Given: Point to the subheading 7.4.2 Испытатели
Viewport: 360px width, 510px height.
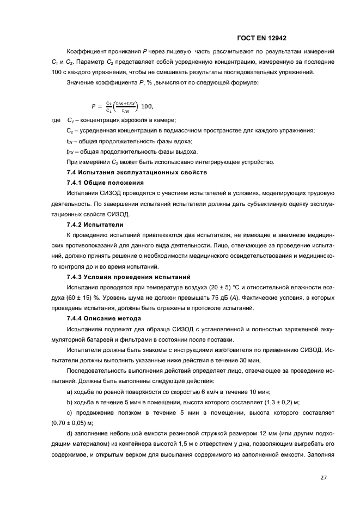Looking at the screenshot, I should [x=95, y=224].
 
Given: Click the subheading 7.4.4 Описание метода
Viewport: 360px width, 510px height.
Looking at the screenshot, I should [x=103, y=318].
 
